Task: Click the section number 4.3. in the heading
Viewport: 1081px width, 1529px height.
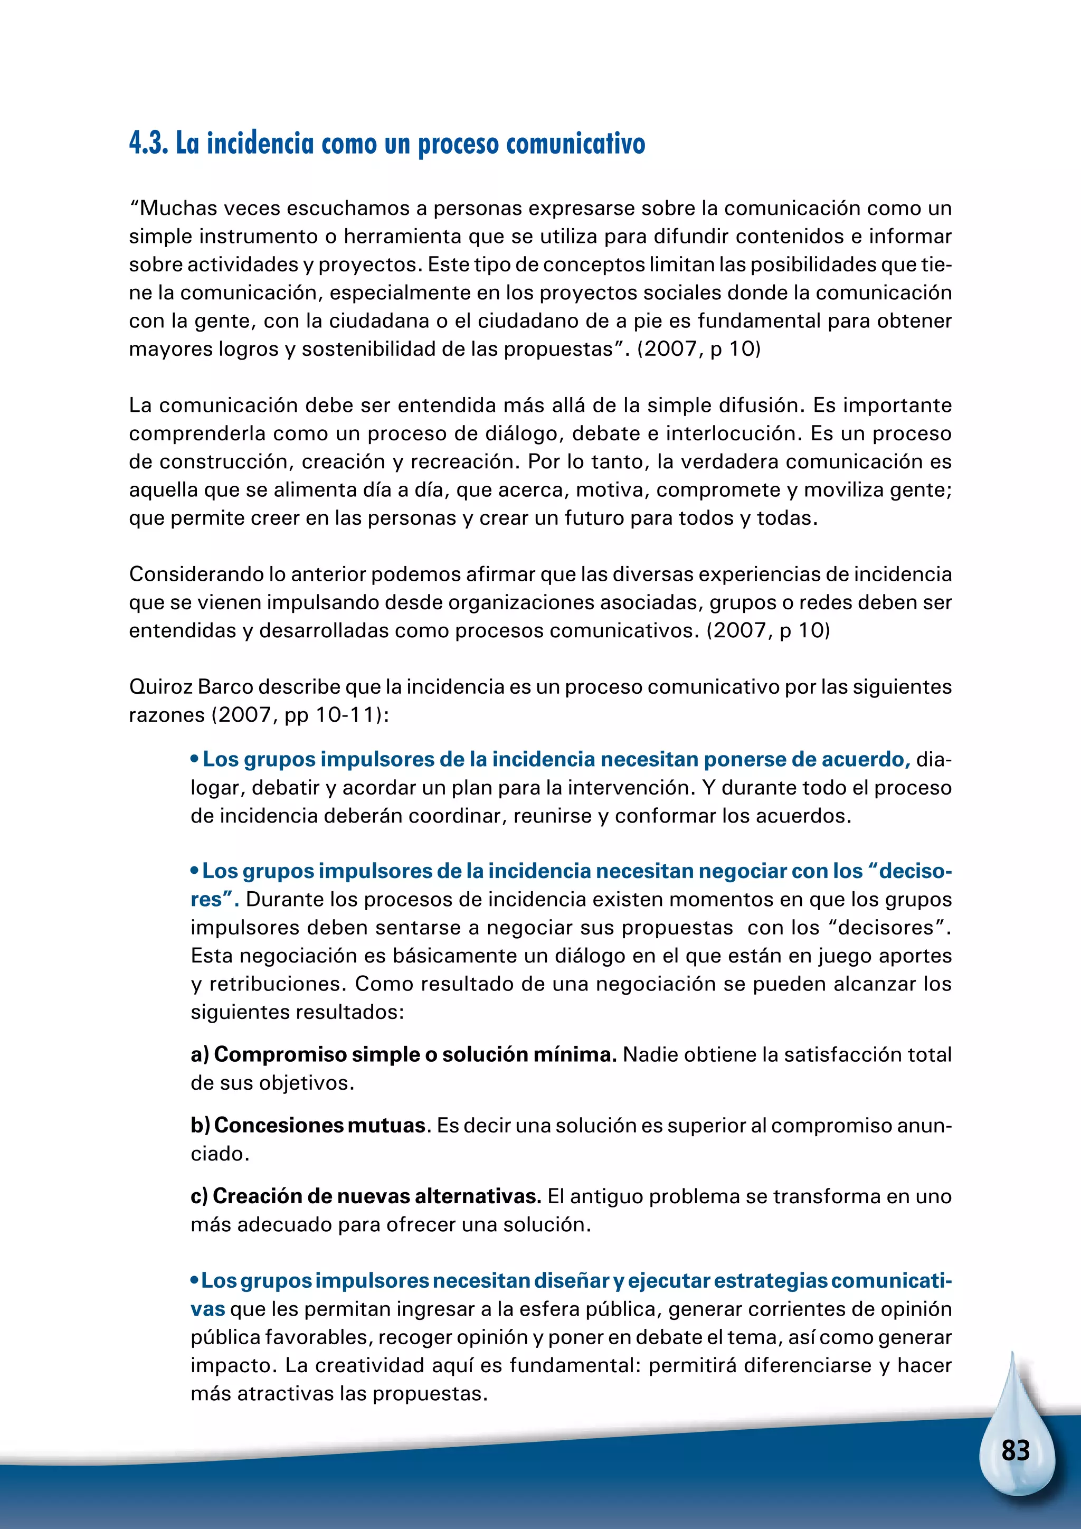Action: click(x=148, y=143)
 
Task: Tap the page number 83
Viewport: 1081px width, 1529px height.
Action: click(x=1015, y=1450)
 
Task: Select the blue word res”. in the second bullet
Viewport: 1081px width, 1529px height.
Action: click(x=214, y=900)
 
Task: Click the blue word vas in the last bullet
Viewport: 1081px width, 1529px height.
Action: click(x=207, y=1309)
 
